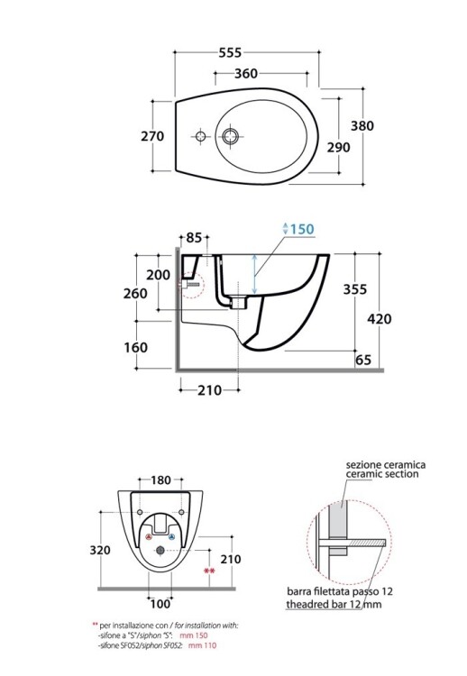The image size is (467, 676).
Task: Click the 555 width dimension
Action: tap(230, 52)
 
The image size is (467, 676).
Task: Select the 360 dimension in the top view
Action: tap(246, 74)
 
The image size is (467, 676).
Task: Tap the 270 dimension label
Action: tap(152, 136)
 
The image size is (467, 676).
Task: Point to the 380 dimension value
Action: tap(362, 126)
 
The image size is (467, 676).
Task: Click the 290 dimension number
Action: tap(338, 148)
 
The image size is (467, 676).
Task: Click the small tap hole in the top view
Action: tap(201, 137)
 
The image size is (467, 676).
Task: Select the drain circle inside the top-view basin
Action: tap(230, 136)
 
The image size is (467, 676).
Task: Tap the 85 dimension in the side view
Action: tap(194, 238)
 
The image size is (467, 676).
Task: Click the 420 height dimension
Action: tap(380, 319)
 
